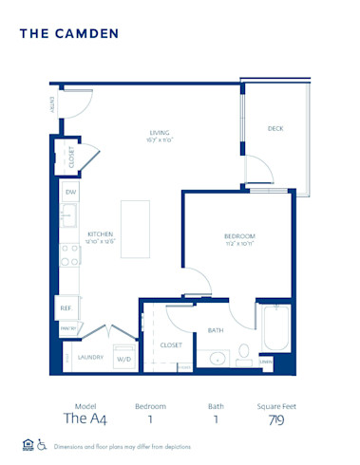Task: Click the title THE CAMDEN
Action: [69, 34]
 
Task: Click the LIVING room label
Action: [160, 133]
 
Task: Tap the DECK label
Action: [275, 128]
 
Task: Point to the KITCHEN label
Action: [102, 233]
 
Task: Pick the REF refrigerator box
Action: [67, 307]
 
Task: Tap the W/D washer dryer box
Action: [123, 359]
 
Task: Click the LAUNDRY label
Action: [89, 358]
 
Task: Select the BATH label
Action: [216, 330]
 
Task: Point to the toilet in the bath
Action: [243, 353]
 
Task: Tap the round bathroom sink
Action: [216, 359]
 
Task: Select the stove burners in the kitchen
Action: [69, 253]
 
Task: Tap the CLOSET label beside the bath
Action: [171, 345]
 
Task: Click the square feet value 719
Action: [275, 419]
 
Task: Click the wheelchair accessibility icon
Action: [42, 444]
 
